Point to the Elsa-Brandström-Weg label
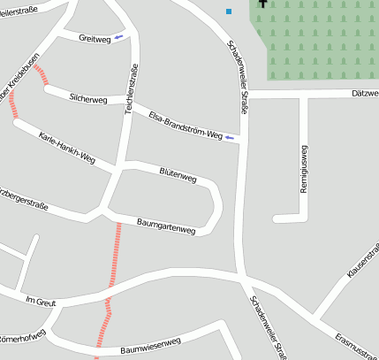point(185,126)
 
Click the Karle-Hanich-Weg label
point(66,147)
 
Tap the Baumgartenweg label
point(166,226)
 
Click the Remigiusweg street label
point(303,169)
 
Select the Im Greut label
point(41,302)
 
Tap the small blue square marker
point(229,11)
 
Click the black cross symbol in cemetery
point(262,4)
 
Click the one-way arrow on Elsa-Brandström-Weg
point(230,138)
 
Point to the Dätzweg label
point(364,93)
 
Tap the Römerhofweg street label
point(22,337)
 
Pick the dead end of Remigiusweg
point(276,218)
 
